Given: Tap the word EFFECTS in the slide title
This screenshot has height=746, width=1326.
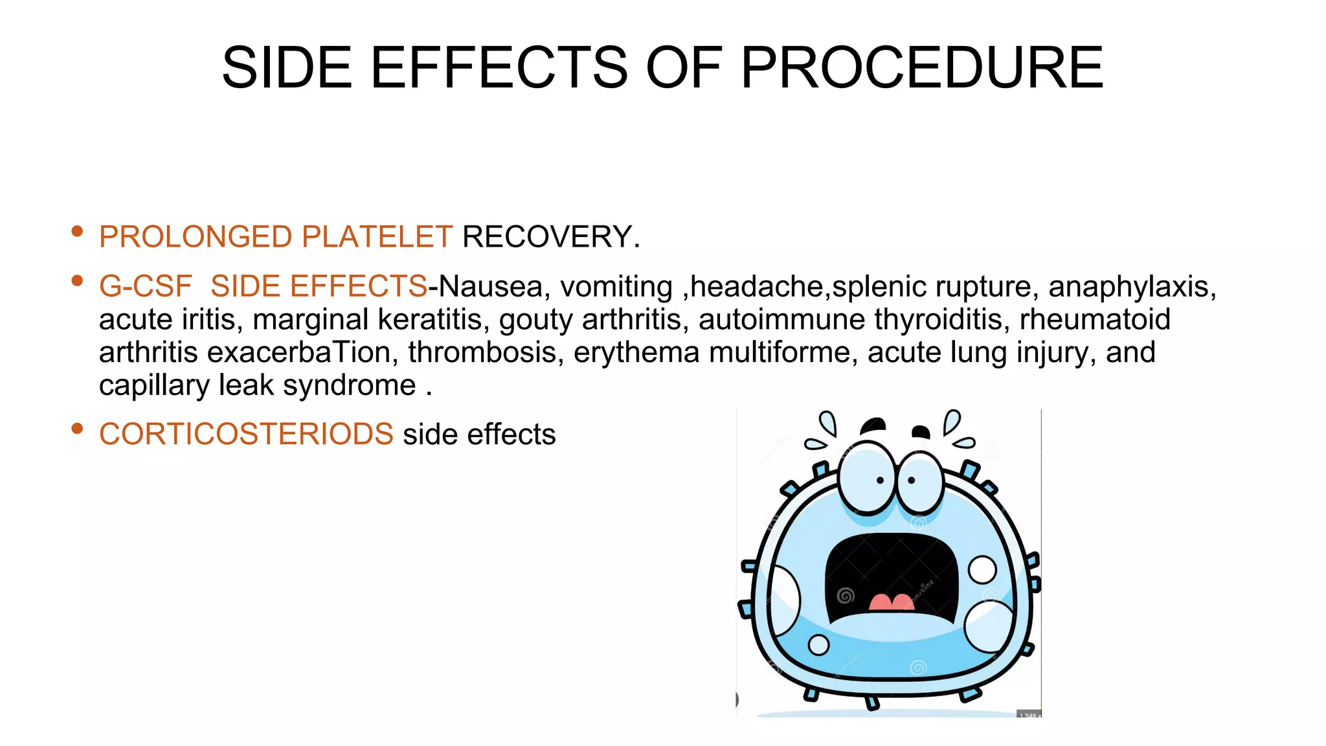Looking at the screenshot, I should [499, 67].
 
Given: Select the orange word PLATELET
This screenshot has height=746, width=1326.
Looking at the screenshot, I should [377, 236].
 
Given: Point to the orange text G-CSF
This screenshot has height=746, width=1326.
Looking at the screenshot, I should [146, 286].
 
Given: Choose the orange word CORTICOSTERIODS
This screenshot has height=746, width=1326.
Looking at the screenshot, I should [246, 434].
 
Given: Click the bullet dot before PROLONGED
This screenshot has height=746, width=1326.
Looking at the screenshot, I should [78, 231].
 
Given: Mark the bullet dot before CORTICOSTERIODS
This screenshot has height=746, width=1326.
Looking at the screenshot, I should [78, 428].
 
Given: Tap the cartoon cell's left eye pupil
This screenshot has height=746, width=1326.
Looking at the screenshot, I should [880, 480].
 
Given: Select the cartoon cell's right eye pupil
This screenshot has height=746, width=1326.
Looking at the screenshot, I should [912, 480].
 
